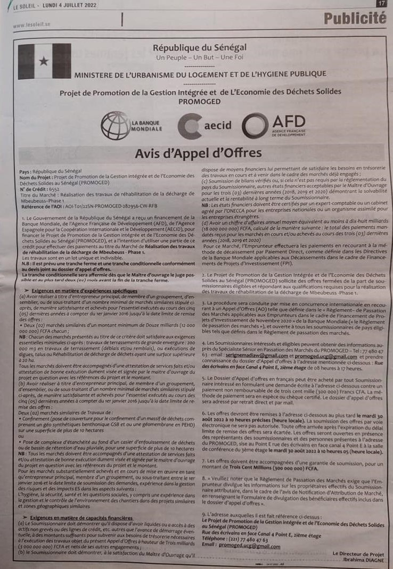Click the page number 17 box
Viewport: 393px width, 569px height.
tap(381, 3)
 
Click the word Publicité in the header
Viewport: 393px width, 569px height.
tap(355, 19)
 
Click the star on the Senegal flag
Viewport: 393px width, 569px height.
tap(43, 62)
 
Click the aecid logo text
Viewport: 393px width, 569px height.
tap(218, 126)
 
